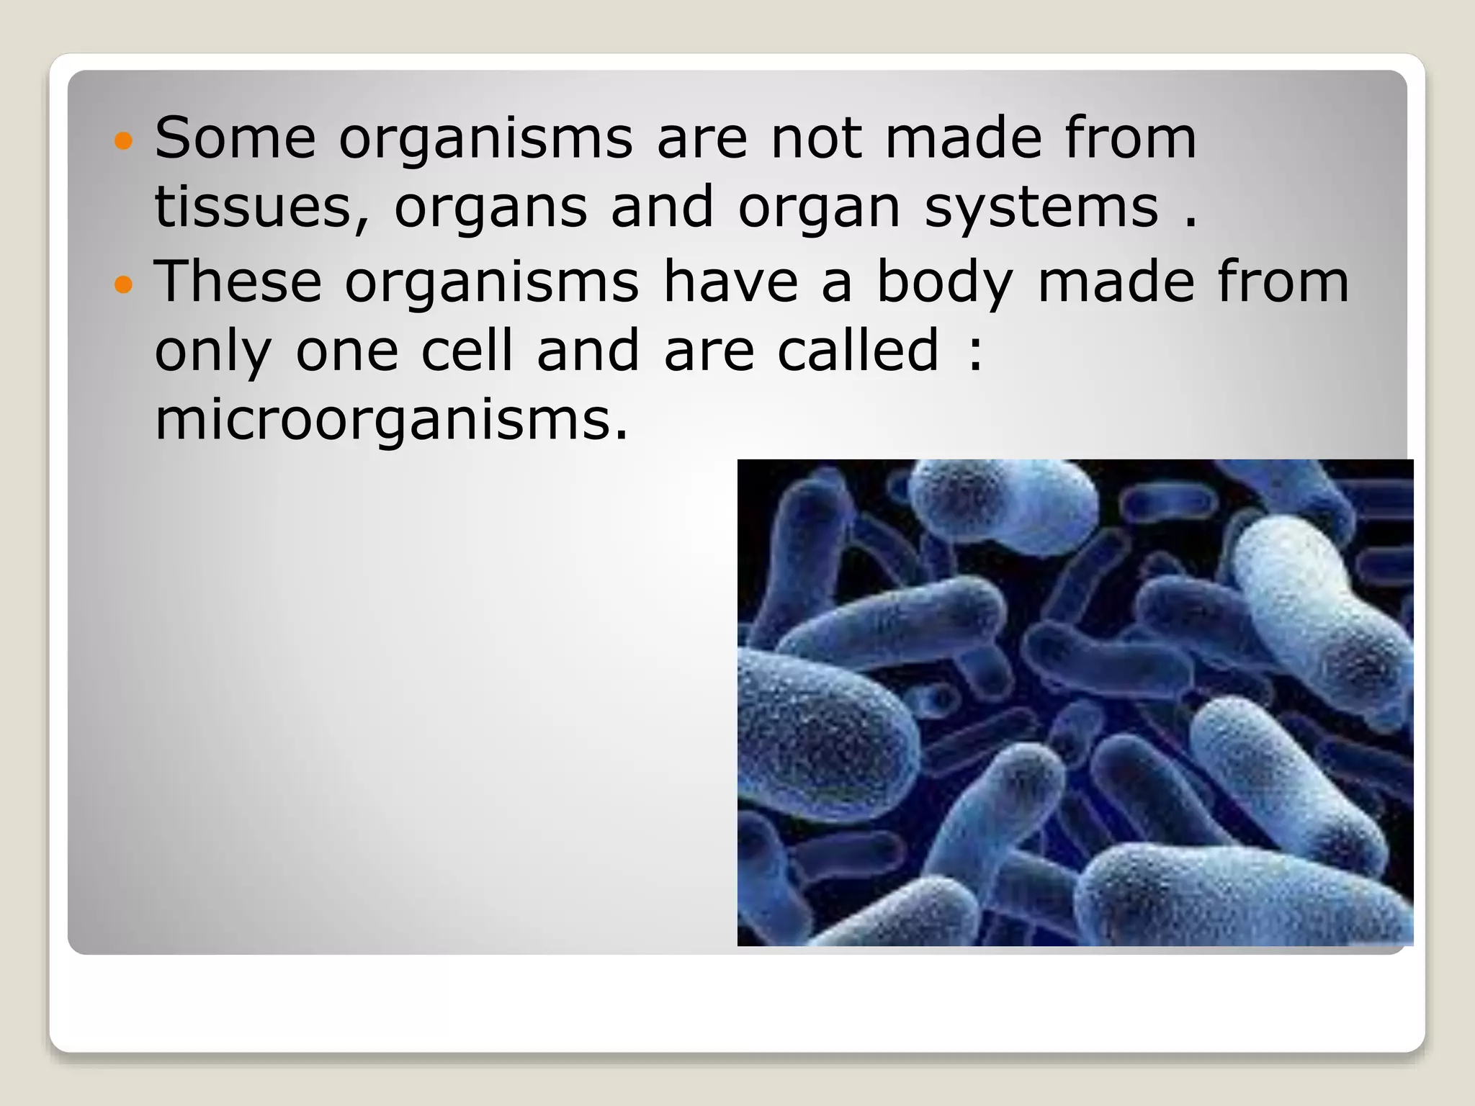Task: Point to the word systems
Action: pyautogui.click(x=1041, y=207)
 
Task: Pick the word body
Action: pyautogui.click(x=945, y=282)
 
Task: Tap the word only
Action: pyautogui.click(x=213, y=351)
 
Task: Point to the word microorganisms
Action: pyautogui.click(x=391, y=421)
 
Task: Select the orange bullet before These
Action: pyautogui.click(x=124, y=284)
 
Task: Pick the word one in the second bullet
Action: pyautogui.click(x=347, y=351)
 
